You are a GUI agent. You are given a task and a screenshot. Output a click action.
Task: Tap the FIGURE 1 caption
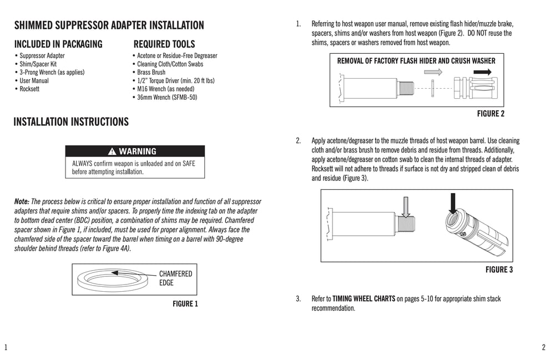pos(185,303)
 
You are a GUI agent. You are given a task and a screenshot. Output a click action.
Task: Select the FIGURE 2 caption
pos(491,114)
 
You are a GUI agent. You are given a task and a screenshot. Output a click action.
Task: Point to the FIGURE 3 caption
pos(499,270)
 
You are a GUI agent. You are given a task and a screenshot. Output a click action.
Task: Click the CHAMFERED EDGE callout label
pos(175,278)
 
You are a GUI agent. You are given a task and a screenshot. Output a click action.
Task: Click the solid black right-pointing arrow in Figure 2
pos(483,72)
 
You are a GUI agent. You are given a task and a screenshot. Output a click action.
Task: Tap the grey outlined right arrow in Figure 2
pos(436,72)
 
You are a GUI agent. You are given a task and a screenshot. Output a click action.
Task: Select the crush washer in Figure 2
pos(432,88)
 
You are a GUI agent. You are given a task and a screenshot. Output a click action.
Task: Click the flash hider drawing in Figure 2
pos(473,88)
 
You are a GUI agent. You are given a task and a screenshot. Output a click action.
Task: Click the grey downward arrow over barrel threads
pos(406,206)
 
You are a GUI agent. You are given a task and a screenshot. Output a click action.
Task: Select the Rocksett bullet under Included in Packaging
pos(31,89)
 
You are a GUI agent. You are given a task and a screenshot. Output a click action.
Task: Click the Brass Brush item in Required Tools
pos(149,72)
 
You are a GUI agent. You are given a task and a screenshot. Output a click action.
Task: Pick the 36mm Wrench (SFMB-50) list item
pos(167,97)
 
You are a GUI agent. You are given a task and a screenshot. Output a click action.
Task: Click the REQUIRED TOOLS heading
pos(164,44)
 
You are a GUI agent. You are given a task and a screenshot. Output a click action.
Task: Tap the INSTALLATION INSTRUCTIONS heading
pos(71,121)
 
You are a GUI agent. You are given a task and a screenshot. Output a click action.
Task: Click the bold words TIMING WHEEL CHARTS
pos(364,298)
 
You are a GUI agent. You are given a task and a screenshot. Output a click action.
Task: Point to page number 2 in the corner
pos(543,348)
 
